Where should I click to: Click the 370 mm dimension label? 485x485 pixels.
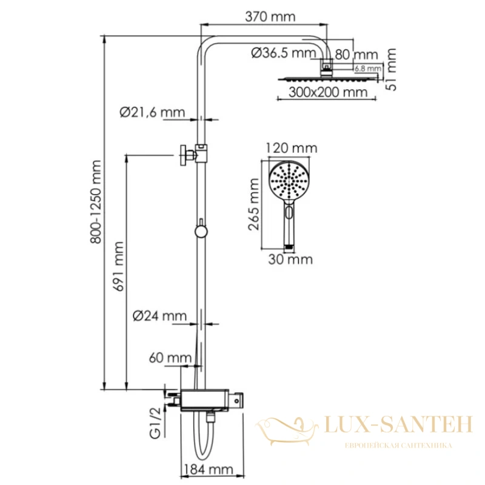coord(270,17)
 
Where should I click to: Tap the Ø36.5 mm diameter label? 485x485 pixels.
coord(283,53)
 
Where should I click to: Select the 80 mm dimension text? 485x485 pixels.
coord(356,55)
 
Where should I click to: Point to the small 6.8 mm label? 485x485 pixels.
coord(368,69)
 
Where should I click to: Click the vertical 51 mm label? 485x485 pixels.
coord(391,70)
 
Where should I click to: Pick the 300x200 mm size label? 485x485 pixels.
coord(328,92)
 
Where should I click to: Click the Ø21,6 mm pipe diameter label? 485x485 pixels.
coord(152,112)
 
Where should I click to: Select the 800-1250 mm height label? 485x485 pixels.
coord(96,202)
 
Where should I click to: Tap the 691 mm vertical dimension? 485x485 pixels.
coord(119,266)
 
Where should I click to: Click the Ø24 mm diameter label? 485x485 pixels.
coord(159,316)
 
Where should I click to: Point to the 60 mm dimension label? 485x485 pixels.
coord(170,358)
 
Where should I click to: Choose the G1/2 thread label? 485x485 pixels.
coord(155,423)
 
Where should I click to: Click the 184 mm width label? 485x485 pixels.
coord(208,469)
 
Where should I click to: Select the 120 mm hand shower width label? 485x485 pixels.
coord(292,148)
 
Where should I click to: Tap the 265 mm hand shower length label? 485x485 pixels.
coord(253,204)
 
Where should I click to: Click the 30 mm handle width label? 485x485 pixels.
coord(290,259)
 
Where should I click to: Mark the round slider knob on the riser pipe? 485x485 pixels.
coord(201,232)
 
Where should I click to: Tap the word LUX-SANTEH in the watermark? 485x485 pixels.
coord(399,424)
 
